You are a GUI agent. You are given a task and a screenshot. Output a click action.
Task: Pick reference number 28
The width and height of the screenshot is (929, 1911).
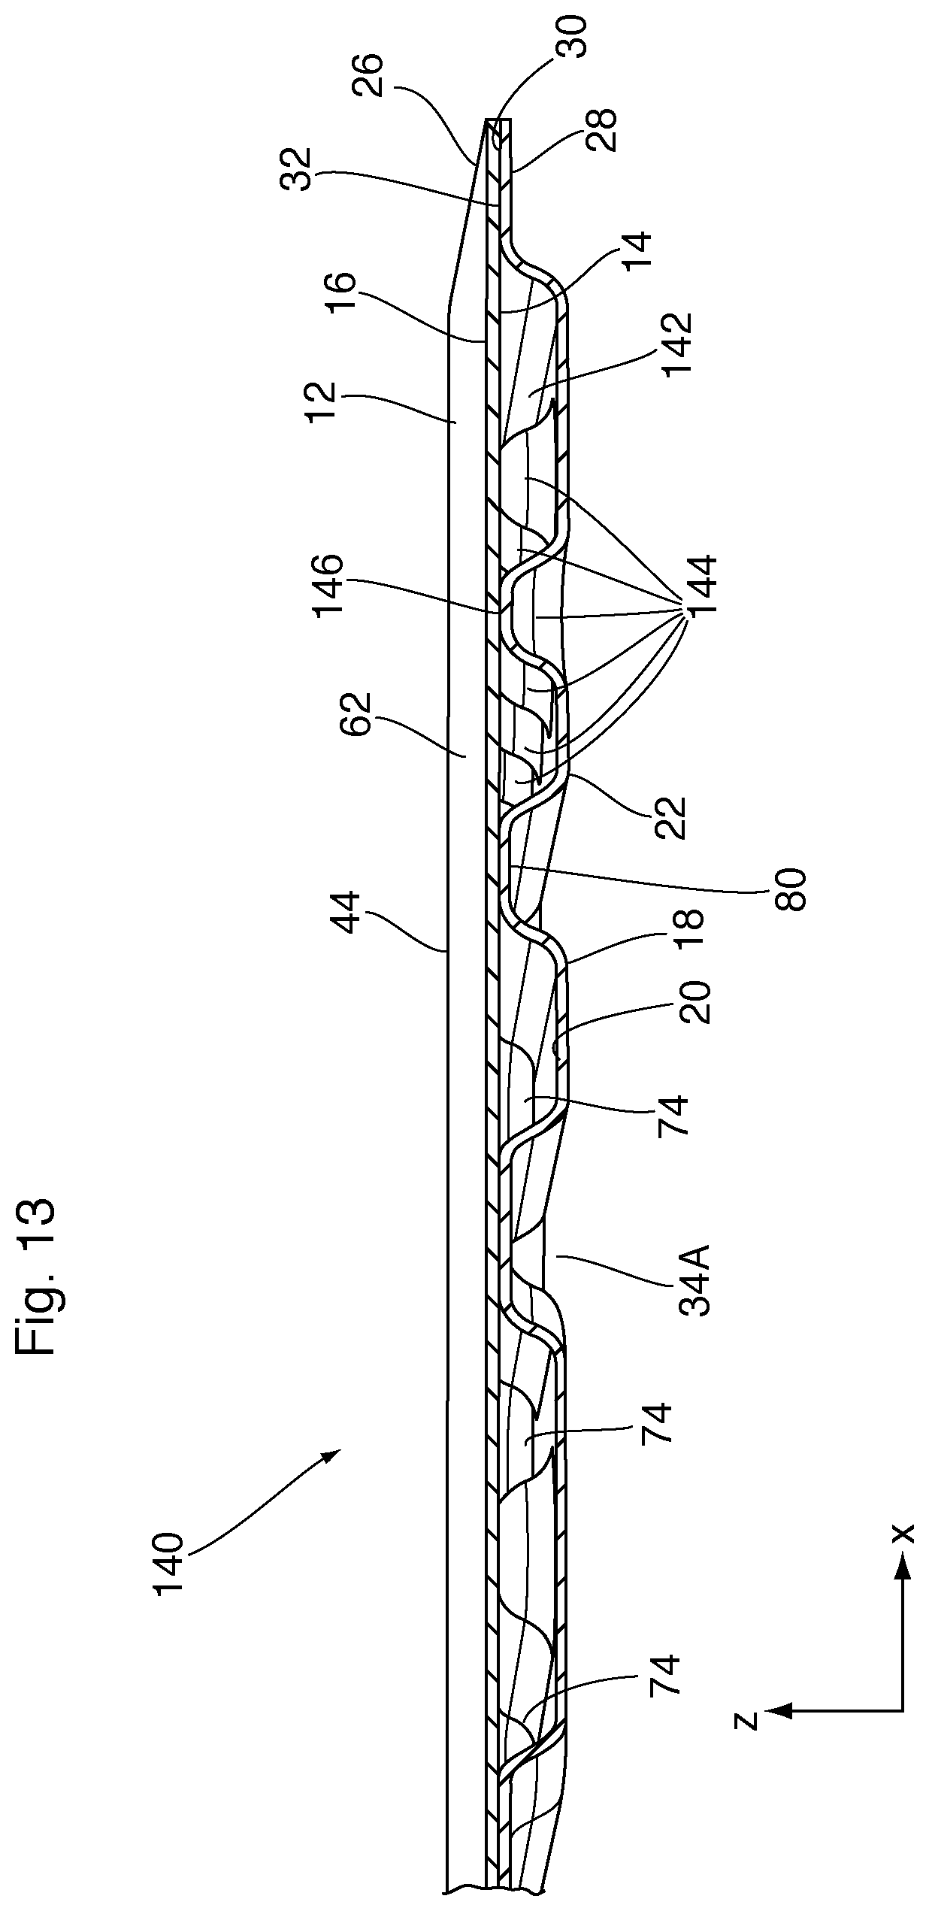pos(601,129)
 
